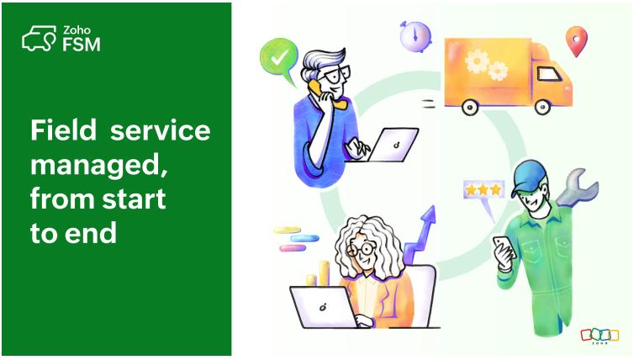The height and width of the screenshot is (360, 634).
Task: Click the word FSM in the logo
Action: [x=81, y=45]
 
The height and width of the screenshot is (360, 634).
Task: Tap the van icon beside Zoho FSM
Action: [x=39, y=39]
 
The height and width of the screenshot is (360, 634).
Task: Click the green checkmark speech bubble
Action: [x=280, y=58]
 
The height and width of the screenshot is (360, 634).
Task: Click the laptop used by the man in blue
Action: [x=393, y=145]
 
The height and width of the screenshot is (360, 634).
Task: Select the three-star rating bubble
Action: [x=483, y=191]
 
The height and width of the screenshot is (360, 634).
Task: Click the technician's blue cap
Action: [x=527, y=175]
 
